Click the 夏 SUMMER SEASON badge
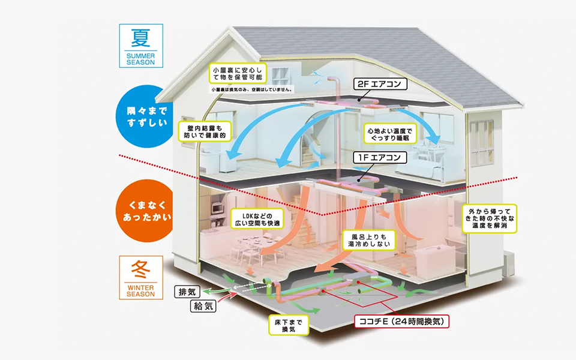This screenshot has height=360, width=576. click(x=140, y=46)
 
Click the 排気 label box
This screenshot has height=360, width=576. click(x=188, y=293)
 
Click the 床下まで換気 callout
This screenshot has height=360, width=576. click(x=289, y=325)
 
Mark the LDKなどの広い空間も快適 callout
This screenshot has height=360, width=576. click(x=255, y=220)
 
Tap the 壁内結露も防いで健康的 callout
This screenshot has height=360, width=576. click(x=205, y=131)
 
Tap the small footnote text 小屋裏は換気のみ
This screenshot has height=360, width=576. click(x=251, y=89)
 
